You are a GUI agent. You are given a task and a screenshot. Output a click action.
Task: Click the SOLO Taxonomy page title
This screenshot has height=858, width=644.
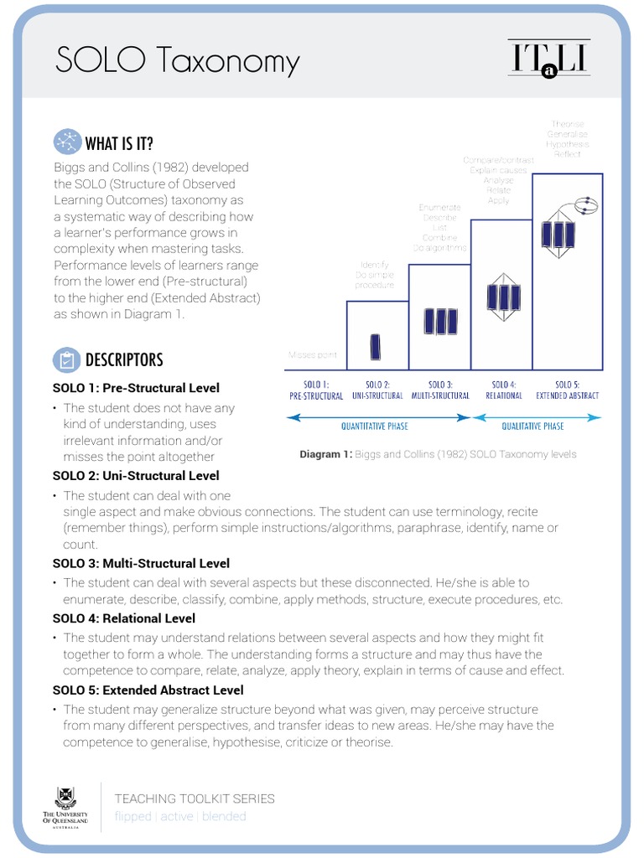coord(177,61)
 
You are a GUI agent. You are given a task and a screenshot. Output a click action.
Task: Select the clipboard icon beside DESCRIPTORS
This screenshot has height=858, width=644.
coord(65,360)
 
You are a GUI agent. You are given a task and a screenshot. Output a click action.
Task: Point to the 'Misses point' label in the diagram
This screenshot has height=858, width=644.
coord(312,355)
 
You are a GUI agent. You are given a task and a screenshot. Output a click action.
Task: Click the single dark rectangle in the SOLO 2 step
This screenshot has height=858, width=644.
coord(375,347)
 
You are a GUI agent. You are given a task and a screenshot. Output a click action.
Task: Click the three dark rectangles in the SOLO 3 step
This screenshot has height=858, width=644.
coord(440,322)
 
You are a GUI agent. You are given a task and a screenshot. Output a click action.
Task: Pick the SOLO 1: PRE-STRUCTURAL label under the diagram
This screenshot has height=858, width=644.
coord(316,390)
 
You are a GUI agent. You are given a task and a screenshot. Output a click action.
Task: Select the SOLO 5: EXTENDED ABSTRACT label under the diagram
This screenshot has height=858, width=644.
coord(568,390)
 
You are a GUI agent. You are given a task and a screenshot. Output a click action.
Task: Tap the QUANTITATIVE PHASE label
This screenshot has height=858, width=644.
coord(374,426)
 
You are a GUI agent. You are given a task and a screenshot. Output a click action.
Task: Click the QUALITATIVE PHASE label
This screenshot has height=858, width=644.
coord(532,426)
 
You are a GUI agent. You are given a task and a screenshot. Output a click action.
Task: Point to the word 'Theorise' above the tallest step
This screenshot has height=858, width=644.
coord(568,124)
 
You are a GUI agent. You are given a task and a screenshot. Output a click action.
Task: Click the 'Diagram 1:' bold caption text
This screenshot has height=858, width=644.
coord(326,455)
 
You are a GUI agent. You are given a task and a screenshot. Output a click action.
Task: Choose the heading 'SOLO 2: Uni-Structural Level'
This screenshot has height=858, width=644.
coord(136,476)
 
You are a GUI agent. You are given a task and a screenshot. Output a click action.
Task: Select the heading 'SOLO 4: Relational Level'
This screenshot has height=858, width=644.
coord(123,618)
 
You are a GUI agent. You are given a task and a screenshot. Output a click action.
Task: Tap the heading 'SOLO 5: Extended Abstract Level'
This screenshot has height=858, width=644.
coord(148,690)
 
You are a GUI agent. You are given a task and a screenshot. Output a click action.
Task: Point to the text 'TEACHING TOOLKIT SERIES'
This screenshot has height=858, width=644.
coord(195,799)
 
